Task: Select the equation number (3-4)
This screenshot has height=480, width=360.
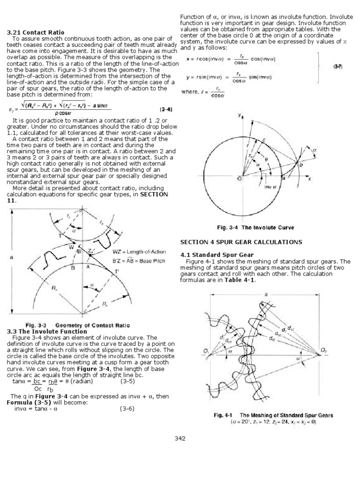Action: [x=166, y=110]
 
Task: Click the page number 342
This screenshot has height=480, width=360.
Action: [x=180, y=438]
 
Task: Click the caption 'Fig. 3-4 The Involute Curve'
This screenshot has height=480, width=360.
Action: [x=255, y=227]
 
